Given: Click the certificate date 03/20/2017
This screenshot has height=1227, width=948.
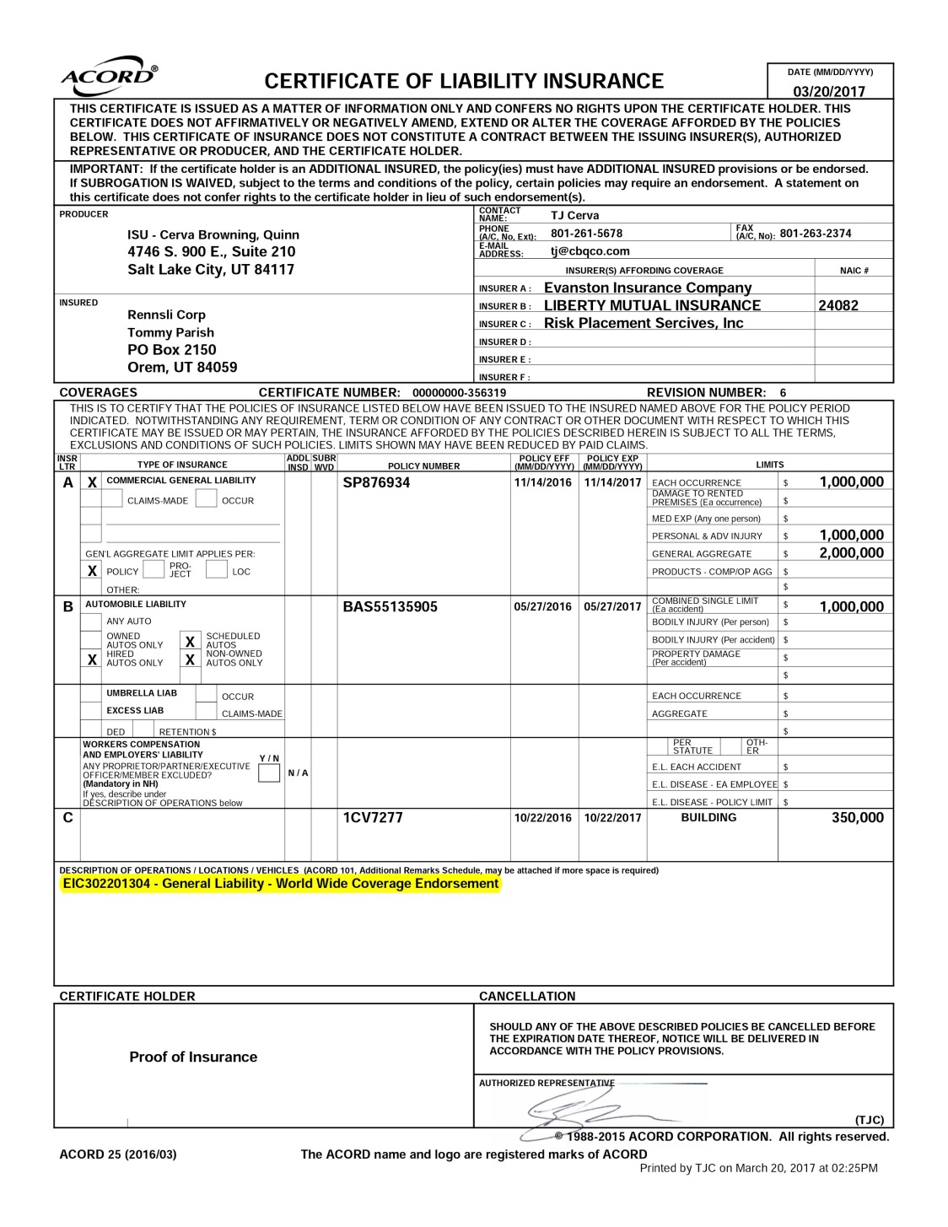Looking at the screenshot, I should tap(829, 92).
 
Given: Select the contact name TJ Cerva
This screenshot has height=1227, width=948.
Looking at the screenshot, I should tap(574, 215).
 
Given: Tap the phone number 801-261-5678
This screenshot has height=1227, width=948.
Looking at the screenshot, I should tap(586, 234).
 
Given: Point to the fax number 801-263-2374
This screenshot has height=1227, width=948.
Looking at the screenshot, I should tap(815, 234).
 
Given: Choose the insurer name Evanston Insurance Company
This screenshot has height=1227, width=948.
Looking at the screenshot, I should tap(647, 288).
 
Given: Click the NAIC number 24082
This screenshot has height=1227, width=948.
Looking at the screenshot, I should tap(838, 305).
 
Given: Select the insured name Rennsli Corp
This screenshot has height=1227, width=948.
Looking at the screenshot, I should tap(166, 315).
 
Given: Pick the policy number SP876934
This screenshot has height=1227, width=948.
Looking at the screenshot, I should tap(376, 483).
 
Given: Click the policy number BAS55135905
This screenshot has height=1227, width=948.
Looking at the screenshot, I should tap(390, 607).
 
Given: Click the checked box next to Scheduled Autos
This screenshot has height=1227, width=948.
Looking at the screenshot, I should tap(190, 642).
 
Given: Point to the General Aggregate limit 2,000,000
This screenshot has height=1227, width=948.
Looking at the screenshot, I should tap(851, 553).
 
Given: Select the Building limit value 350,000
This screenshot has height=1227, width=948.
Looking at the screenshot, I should tap(857, 817).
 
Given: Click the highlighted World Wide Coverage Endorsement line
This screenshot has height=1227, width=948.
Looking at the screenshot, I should tap(280, 884).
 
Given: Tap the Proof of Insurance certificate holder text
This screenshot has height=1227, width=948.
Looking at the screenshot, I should tap(193, 1057).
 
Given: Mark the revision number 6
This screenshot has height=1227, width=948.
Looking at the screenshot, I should tap(783, 392).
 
